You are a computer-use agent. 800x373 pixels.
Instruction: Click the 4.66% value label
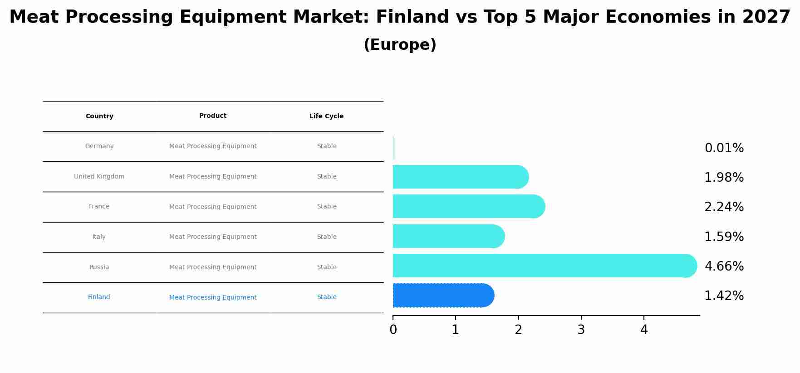(x=724, y=266)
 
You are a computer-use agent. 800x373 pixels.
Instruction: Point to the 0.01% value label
(x=724, y=148)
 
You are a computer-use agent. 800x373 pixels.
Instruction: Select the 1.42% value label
(x=724, y=296)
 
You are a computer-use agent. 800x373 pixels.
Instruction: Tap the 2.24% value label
(x=724, y=207)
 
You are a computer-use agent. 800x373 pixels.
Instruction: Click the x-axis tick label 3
(x=581, y=330)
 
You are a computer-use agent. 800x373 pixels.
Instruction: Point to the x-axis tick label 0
(x=393, y=330)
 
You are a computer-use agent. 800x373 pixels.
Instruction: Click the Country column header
(x=99, y=116)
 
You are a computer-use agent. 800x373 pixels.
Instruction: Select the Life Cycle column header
(x=326, y=116)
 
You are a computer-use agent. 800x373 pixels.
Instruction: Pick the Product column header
(x=213, y=116)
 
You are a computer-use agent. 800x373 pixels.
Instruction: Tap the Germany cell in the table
(x=99, y=146)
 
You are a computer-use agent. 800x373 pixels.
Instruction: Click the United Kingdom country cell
(x=99, y=177)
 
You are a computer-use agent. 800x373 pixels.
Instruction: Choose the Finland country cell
(x=99, y=297)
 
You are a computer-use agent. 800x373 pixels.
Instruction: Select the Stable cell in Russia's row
(x=327, y=267)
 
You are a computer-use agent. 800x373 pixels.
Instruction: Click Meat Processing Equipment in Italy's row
(x=213, y=237)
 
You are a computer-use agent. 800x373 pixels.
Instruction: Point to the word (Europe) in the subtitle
(x=400, y=45)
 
